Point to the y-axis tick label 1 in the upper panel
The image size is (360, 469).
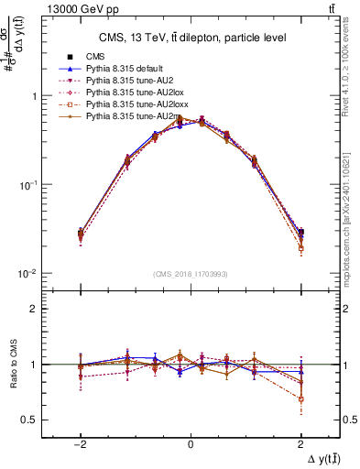coord(32,96)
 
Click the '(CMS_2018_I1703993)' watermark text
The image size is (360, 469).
coord(191,274)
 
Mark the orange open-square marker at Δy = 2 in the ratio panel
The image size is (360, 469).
coord(300,398)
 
